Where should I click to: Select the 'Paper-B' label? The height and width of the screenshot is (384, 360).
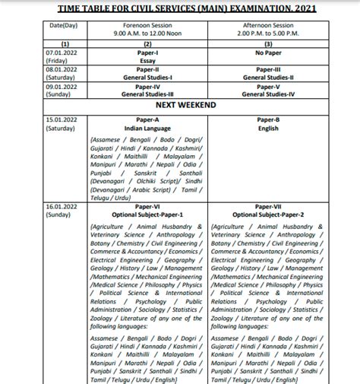point(273,119)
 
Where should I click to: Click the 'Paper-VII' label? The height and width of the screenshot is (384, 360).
point(273,207)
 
